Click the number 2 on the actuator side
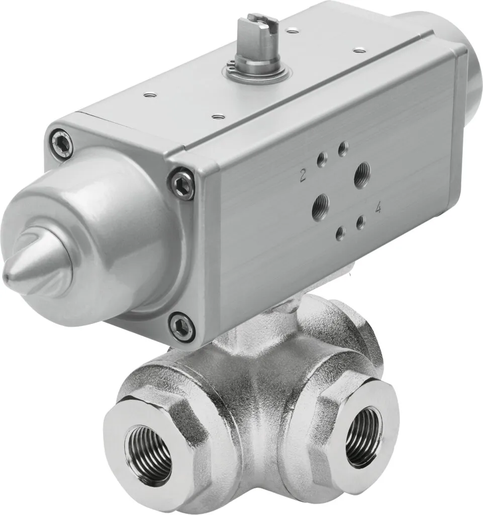coord(303,176)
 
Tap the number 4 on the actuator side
coord(377,208)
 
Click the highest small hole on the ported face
coord(343,148)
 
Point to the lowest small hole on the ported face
coord(340,233)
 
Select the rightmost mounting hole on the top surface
coord(358,50)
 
